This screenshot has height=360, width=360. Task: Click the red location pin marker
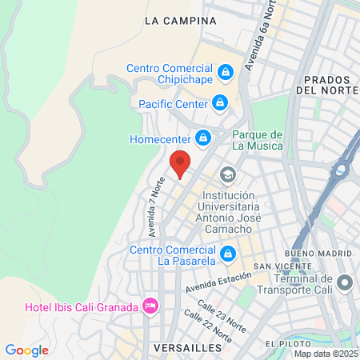181,163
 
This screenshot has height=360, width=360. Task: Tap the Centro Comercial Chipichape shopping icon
226,72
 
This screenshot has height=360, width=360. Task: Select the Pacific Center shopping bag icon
219,103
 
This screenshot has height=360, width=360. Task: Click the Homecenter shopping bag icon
203,138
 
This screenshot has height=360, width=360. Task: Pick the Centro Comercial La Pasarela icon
229,253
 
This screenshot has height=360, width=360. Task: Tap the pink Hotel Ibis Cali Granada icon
149,306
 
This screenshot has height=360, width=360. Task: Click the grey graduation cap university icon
229,174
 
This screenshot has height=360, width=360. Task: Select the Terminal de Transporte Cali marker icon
345,283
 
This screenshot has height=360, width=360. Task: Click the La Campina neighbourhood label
181,21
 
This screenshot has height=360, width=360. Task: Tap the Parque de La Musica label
257,140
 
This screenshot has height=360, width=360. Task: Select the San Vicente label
277,266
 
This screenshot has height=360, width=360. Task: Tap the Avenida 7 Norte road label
156,207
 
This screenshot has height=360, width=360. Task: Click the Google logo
26,350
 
